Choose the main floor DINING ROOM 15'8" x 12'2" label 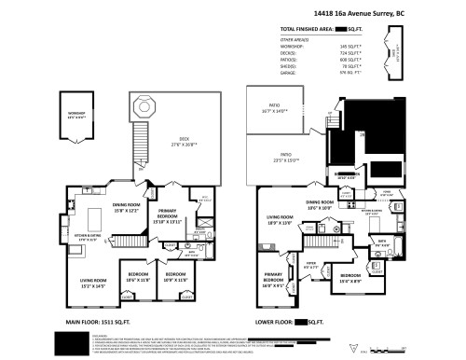pos(127,209)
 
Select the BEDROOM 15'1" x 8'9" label pos(351,277)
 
